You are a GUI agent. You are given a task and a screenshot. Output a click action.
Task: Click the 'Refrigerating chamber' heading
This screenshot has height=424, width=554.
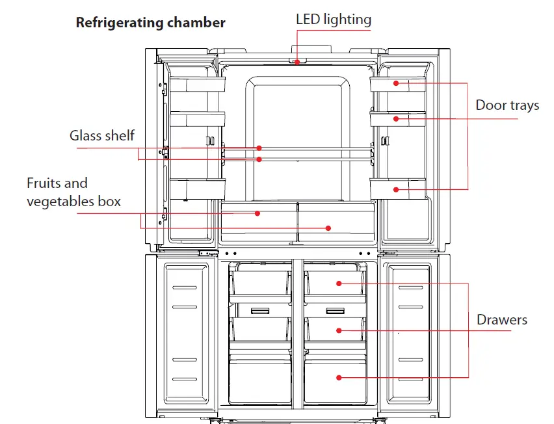pos(150,23)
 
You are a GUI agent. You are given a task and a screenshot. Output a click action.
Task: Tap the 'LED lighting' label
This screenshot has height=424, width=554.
pos(334,20)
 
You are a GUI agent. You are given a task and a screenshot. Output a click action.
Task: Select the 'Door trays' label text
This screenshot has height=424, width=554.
pos(507,105)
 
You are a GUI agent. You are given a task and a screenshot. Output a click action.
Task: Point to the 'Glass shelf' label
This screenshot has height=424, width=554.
pos(102,135)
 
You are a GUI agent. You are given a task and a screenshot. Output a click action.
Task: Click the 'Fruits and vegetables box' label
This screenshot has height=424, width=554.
pos(73,192)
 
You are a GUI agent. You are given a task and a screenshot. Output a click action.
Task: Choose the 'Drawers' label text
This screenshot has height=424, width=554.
pos(501,320)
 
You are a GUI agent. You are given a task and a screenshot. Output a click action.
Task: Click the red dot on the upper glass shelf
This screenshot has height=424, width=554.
pos(259,148)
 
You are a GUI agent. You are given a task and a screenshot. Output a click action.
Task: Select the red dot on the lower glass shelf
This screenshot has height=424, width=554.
pos(259,159)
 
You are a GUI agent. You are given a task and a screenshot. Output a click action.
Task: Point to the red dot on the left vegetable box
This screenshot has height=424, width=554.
pos(258,213)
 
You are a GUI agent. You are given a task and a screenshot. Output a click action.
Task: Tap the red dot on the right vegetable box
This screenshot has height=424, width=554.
pos(328,228)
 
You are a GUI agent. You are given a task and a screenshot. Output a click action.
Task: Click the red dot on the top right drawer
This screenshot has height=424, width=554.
pos(339,284)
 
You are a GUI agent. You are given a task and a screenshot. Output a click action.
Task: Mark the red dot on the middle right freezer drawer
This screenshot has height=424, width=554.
pos(339,330)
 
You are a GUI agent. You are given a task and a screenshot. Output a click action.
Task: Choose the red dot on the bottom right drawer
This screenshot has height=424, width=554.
pos(339,377)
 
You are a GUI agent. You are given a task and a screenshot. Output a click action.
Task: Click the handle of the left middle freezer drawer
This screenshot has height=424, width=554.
pos(259,311)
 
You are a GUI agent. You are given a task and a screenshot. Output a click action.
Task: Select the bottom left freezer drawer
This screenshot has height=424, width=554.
pos(259,380)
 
